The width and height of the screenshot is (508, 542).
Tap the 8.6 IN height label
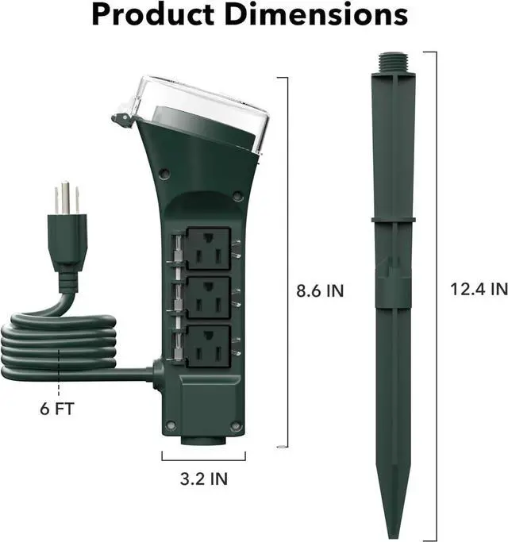(x=320, y=290)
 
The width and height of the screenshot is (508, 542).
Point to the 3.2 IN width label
(x=204, y=479)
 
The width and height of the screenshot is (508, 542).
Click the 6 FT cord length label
(x=60, y=410)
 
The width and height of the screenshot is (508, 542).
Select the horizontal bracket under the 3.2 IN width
(x=204, y=458)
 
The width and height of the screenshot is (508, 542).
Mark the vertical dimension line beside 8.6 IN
(x=287, y=262)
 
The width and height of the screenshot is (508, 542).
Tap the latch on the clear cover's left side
(x=121, y=120)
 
